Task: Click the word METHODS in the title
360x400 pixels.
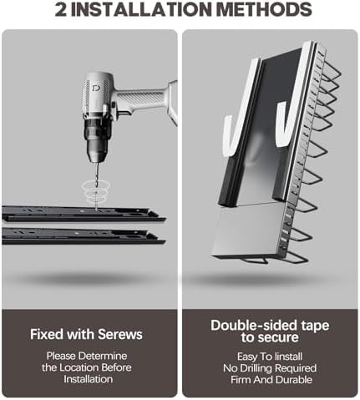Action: [x=264, y=9]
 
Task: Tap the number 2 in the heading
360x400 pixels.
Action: [x=61, y=9]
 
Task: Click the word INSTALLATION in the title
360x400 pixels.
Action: [x=141, y=9]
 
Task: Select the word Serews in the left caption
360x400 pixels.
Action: [x=120, y=334]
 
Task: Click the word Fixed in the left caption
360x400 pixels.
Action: [x=47, y=334]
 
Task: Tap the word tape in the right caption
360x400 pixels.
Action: [x=315, y=326]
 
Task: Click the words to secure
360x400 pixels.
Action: [x=270, y=337]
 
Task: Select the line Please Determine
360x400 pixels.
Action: [x=87, y=356]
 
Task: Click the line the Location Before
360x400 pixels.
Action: [x=87, y=367]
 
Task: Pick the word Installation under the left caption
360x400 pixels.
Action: [x=88, y=379]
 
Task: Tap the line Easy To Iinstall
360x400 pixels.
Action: [x=270, y=357]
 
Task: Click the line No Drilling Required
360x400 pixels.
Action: [x=270, y=368]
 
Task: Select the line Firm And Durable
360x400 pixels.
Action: [x=271, y=380]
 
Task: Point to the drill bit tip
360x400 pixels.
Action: [x=96, y=209]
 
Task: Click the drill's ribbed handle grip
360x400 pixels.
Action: [x=144, y=97]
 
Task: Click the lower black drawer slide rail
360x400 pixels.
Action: [x=84, y=236]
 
